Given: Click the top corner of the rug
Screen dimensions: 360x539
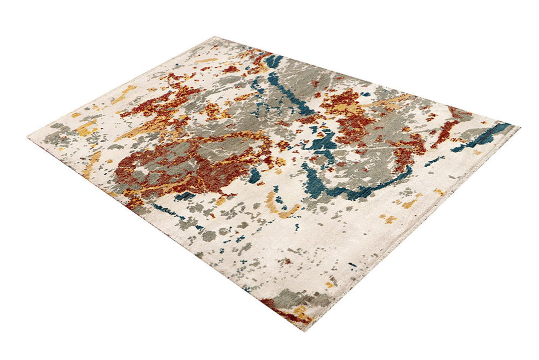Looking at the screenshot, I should [x=215, y=37].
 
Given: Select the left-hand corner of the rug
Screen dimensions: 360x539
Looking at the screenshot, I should [x=29, y=135].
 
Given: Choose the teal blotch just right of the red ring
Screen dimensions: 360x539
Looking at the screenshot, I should [x=255, y=175].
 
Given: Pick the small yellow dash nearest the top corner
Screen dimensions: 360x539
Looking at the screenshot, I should [x=206, y=60].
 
